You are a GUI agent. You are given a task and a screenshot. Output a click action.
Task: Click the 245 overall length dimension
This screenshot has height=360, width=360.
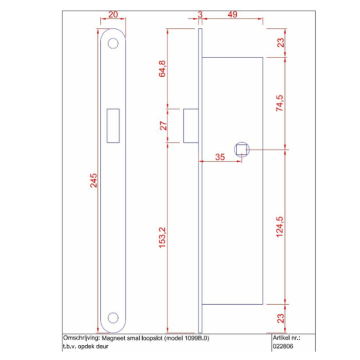94,181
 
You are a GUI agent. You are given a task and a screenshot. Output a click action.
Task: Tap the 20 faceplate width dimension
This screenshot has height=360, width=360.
113,15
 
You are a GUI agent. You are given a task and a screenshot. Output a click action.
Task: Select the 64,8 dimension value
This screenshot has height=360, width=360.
162,69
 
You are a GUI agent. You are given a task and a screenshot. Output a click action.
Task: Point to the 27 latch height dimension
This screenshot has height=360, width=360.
163,126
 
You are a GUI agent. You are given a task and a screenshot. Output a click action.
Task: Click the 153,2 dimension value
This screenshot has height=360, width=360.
162,238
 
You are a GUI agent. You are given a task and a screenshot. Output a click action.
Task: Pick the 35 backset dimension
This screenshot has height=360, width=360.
220,157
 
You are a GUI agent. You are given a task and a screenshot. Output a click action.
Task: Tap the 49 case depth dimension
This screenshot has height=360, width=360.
232,15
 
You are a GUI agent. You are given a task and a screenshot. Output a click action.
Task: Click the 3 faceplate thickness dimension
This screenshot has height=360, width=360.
200,15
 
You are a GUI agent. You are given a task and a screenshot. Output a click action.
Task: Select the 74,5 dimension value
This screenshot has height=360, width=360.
280,103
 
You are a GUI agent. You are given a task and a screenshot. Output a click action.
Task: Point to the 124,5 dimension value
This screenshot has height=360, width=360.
280,227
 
